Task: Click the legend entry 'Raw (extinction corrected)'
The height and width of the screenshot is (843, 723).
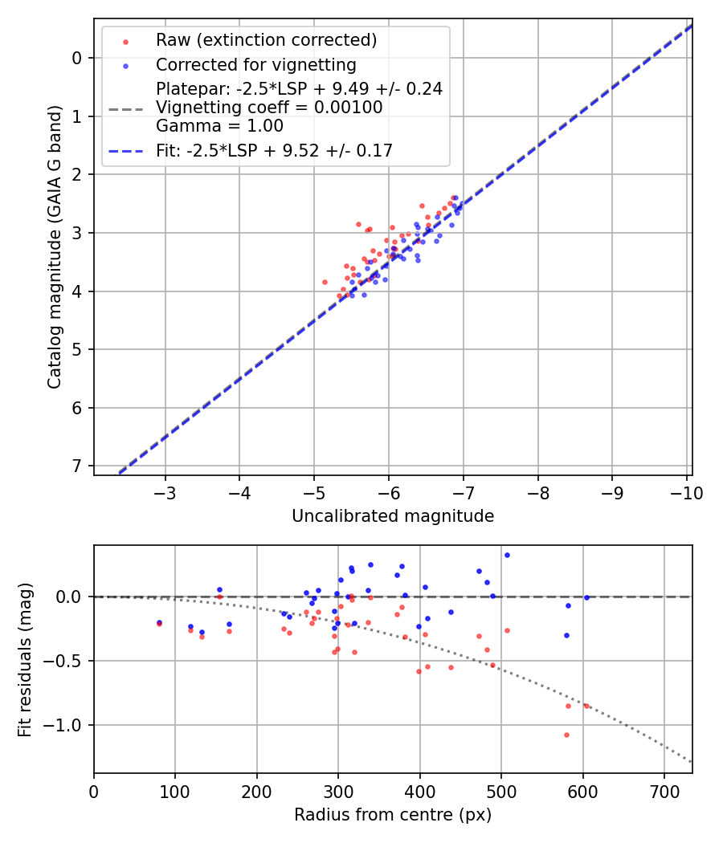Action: (266, 40)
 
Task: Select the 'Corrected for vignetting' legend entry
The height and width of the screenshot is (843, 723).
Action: (255, 64)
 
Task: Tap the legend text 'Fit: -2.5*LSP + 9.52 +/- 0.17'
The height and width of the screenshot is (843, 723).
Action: (274, 150)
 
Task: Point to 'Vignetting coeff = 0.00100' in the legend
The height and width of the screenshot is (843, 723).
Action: (269, 108)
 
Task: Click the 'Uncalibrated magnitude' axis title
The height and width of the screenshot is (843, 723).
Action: (393, 516)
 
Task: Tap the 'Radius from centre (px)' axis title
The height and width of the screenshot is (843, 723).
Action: (393, 815)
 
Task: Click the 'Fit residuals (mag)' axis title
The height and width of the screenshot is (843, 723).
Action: (25, 660)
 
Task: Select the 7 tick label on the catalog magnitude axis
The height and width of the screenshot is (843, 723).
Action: (78, 466)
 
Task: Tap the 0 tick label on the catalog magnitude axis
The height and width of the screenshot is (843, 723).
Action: (78, 58)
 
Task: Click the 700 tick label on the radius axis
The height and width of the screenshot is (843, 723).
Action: (664, 792)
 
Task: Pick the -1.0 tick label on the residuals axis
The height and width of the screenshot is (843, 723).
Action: (67, 726)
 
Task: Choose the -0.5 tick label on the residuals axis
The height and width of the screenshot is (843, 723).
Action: (67, 662)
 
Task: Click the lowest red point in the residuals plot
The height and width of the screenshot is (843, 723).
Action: (566, 735)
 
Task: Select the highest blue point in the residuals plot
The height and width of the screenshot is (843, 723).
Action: (507, 555)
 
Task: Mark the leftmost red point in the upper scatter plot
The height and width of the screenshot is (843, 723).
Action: (325, 282)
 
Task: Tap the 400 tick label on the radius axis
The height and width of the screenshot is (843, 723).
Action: (419, 792)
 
